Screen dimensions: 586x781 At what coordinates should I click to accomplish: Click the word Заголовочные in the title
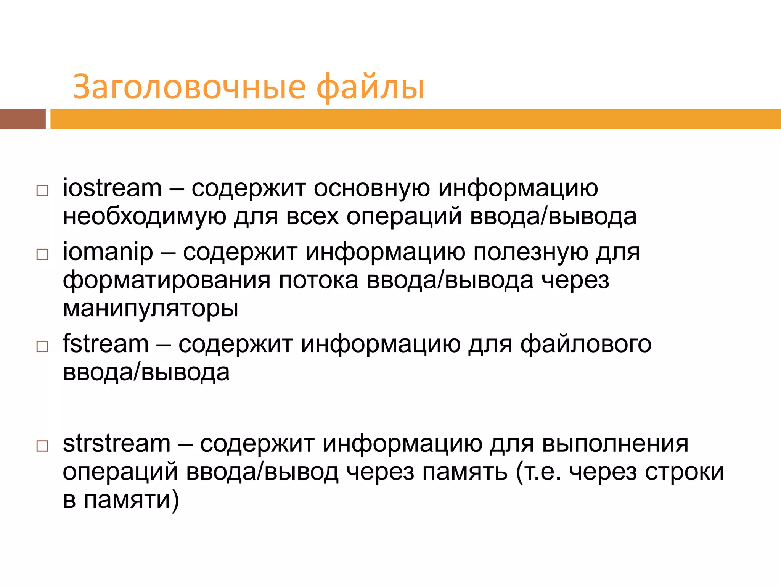tap(189, 87)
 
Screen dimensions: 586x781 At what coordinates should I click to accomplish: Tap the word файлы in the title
tap(370, 87)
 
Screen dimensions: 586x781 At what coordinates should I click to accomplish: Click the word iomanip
tap(108, 253)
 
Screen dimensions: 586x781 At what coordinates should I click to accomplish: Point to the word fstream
tap(106, 344)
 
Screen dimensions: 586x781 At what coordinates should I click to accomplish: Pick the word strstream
tap(116, 444)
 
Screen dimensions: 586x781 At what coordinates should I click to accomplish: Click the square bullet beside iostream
tap(42, 190)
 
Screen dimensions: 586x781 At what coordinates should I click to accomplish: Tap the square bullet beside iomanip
tap(42, 254)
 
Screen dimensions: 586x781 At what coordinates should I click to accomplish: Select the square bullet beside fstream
tap(42, 346)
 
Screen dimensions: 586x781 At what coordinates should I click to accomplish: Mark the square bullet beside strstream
tap(42, 446)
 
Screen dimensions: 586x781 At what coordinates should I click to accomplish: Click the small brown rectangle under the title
tap(22, 119)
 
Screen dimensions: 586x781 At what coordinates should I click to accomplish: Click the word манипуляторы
tap(151, 308)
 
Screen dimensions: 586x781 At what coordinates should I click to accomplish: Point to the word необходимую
tap(145, 216)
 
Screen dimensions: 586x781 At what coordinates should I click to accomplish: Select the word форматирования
tap(167, 280)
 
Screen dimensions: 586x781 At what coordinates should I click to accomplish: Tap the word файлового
tap(586, 345)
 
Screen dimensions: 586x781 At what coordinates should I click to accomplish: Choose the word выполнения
tap(615, 444)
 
